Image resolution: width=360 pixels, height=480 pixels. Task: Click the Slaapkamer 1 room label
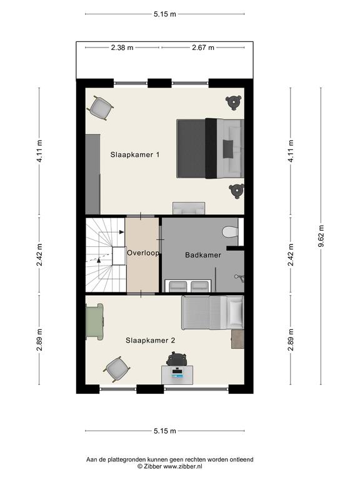(x=135, y=154)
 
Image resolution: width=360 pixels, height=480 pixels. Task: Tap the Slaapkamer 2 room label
(x=150, y=341)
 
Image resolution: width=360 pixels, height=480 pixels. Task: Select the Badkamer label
(x=203, y=255)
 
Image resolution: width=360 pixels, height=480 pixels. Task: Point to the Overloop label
(x=143, y=253)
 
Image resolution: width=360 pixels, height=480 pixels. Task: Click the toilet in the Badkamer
(x=230, y=232)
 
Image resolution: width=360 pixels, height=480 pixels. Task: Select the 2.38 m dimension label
(x=122, y=47)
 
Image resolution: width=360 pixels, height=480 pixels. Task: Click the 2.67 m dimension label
(x=203, y=47)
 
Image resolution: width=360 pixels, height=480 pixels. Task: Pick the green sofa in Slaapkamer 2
(x=94, y=321)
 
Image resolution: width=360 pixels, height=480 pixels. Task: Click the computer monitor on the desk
(x=177, y=372)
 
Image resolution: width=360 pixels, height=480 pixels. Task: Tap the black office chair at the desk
(x=177, y=358)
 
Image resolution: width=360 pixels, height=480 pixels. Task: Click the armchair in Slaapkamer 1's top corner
(x=101, y=108)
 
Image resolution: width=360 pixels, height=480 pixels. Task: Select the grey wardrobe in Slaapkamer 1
(x=92, y=174)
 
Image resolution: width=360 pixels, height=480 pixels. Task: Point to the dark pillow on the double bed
(x=227, y=149)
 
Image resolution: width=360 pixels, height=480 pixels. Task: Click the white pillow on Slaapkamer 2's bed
(x=236, y=312)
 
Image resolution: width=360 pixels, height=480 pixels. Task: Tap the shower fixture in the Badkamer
(x=239, y=277)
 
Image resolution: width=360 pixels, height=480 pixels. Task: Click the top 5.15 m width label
(x=165, y=14)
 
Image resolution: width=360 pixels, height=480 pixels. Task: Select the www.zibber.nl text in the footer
(x=182, y=467)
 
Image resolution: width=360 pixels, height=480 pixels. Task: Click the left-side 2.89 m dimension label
(x=39, y=340)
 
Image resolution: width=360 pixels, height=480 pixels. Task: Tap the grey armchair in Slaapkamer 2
(x=117, y=369)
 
